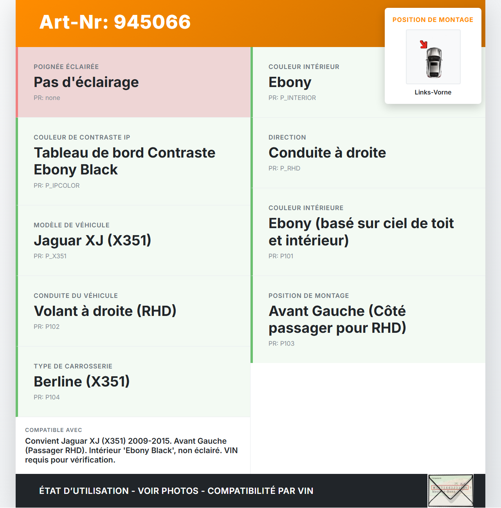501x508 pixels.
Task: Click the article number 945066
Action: click(x=115, y=22)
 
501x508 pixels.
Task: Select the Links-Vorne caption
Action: click(x=433, y=92)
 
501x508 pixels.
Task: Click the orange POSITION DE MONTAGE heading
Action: click(x=433, y=20)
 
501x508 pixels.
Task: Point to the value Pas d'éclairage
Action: click(x=86, y=82)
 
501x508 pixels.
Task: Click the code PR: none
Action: click(x=47, y=98)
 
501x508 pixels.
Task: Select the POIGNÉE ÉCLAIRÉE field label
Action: click(x=66, y=67)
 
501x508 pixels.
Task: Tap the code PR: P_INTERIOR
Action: click(x=292, y=98)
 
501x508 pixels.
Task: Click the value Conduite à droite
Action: click(x=327, y=153)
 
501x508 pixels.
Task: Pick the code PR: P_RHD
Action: click(x=284, y=169)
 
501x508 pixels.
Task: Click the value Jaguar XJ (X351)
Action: click(x=92, y=241)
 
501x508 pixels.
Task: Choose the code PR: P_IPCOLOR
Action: click(x=57, y=186)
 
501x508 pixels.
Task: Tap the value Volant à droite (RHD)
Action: click(x=105, y=311)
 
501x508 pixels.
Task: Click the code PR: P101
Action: click(x=281, y=256)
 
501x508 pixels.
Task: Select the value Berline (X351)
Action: click(x=82, y=382)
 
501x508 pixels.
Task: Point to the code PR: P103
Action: click(x=281, y=344)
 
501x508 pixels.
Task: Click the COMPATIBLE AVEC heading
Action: click(x=54, y=430)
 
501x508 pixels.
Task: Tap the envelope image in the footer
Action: click(x=451, y=491)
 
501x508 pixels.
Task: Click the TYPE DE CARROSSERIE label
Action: click(x=73, y=366)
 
